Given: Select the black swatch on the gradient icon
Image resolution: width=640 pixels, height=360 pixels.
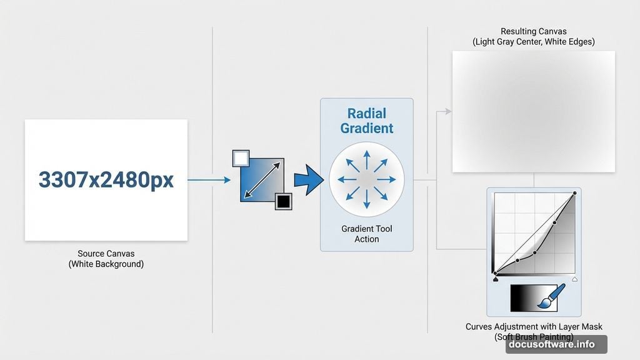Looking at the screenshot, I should [x=284, y=201].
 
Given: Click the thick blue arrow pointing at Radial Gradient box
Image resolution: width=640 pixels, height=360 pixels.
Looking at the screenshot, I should [x=308, y=180].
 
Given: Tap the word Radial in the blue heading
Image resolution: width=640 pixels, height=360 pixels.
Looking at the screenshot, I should [x=366, y=114].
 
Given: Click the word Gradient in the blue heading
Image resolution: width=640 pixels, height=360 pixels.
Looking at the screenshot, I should [x=366, y=129].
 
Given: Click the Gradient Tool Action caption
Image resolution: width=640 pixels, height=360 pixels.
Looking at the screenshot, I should [x=366, y=234].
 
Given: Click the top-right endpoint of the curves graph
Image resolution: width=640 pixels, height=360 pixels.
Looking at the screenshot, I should [x=574, y=194].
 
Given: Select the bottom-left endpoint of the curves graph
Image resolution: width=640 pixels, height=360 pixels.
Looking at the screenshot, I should [x=495, y=273].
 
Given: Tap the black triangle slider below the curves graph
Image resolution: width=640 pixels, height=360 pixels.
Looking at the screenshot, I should [x=495, y=279].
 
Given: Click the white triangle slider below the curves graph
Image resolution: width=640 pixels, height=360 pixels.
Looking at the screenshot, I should [x=574, y=279].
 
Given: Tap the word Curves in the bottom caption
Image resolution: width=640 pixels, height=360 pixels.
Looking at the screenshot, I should [x=479, y=327].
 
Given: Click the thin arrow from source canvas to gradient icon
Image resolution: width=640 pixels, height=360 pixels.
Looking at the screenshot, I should [x=209, y=180].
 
